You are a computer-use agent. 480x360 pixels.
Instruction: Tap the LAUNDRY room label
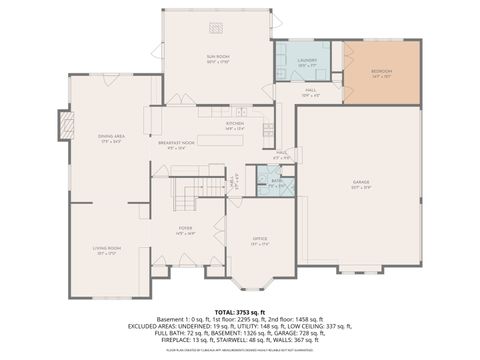click(x=307, y=60)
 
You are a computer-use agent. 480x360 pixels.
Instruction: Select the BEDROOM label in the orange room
click(x=381, y=71)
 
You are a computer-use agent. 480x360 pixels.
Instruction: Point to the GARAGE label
click(x=361, y=183)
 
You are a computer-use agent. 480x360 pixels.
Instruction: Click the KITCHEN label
click(x=235, y=123)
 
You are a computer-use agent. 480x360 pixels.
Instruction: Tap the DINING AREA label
click(x=111, y=136)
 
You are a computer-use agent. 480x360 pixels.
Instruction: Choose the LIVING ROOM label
click(x=107, y=248)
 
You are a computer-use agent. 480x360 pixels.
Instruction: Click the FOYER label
click(x=185, y=229)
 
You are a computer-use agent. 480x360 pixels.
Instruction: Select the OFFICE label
click(x=259, y=238)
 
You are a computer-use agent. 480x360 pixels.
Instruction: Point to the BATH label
click(x=276, y=181)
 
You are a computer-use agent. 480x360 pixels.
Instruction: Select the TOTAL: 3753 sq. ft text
click(x=239, y=312)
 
